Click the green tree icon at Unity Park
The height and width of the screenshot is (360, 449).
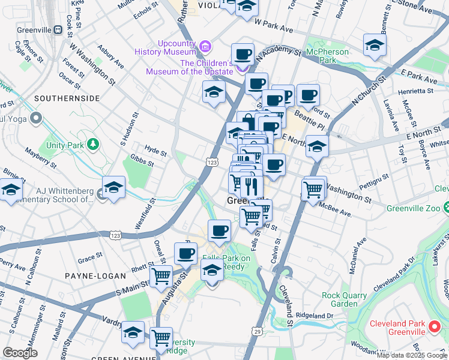click(x=92, y=144)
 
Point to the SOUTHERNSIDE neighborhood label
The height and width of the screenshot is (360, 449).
click(x=62, y=97)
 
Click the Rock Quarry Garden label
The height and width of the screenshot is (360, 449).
click(x=348, y=299)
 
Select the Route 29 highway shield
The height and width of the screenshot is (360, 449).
click(x=257, y=331)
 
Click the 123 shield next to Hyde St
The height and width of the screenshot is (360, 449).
click(x=211, y=162)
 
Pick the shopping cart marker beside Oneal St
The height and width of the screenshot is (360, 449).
click(x=161, y=276)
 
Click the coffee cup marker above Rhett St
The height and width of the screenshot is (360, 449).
click(x=185, y=253)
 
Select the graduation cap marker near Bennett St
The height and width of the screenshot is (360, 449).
click(x=375, y=44)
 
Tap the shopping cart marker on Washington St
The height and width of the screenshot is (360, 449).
click(x=313, y=189)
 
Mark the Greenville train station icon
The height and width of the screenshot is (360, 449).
click(x=58, y=29)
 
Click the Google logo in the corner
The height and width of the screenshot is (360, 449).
click(x=20, y=353)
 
